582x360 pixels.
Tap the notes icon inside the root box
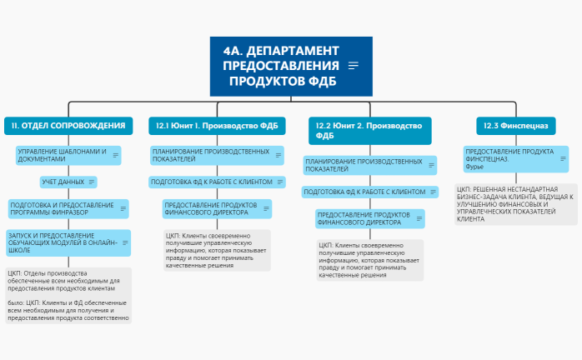354,66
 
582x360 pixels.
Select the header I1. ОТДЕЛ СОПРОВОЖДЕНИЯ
68,126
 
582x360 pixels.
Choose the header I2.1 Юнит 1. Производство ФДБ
218,126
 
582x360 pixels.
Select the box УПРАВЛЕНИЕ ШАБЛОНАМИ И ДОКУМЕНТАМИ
63,155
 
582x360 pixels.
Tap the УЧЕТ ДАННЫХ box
63,182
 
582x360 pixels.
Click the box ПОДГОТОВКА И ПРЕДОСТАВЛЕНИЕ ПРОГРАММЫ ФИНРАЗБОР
63,208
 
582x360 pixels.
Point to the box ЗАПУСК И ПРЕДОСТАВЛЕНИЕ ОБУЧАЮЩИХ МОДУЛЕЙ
63,242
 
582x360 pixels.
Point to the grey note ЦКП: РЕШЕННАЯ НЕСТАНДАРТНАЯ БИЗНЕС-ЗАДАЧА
515,203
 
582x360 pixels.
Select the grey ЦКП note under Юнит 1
217,250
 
